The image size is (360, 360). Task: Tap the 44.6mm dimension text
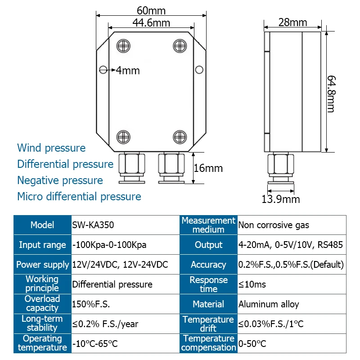[x=151, y=22]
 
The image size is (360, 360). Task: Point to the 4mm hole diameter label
[x=127, y=70]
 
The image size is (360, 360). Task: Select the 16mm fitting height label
[x=208, y=168]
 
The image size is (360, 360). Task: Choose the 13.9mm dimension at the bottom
[x=281, y=199]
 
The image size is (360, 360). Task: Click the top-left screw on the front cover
[x=123, y=45]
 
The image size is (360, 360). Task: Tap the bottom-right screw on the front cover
[x=180, y=136]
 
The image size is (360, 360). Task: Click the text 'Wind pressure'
[x=51, y=148]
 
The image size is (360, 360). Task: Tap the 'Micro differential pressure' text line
[x=79, y=197]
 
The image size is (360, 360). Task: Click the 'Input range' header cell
[x=42, y=245]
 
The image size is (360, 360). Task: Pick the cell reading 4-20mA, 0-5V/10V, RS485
[x=290, y=245]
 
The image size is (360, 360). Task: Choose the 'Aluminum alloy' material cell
[x=269, y=304]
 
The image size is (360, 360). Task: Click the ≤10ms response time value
[x=252, y=284]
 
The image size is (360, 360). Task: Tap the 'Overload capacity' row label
[x=42, y=304]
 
